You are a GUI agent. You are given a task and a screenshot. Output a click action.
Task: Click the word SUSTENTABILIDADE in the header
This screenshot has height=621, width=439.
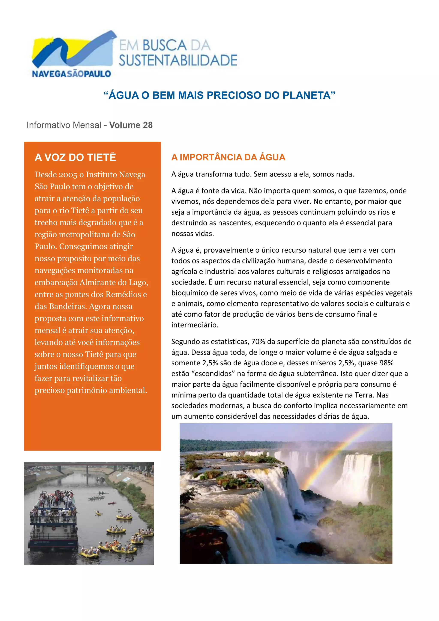[178, 60]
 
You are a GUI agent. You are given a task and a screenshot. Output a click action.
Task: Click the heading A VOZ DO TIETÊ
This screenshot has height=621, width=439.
[75, 157]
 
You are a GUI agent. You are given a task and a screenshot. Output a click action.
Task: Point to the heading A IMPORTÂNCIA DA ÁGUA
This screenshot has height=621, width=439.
[228, 157]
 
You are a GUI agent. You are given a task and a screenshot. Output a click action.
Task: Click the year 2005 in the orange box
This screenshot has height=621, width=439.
[68, 175]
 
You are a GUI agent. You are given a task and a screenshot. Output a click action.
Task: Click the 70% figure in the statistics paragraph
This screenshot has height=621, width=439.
[258, 342]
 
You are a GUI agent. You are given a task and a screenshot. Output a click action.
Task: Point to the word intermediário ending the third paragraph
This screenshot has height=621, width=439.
[194, 325]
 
